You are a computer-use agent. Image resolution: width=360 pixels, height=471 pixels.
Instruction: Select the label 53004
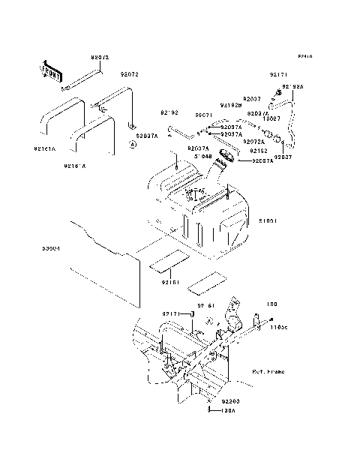click(x=52, y=247)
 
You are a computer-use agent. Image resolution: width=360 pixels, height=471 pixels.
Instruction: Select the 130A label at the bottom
click(x=226, y=411)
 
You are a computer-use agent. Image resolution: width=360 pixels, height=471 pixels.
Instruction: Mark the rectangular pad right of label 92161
click(x=203, y=282)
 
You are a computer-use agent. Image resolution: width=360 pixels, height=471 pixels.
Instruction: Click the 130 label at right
click(x=272, y=305)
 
